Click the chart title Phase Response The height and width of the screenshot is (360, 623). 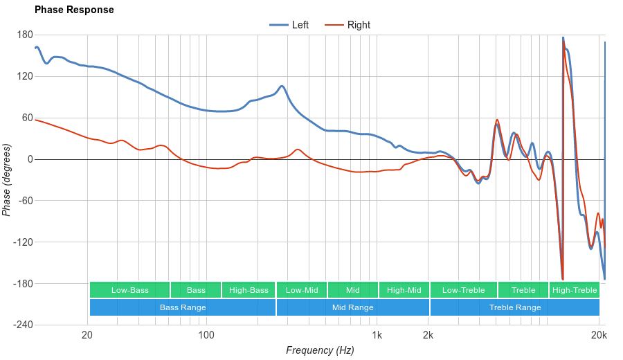tap(74, 10)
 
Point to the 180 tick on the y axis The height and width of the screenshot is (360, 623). tap(25, 35)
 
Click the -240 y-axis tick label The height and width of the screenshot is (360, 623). tap(22, 325)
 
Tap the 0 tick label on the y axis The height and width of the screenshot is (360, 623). tap(30, 159)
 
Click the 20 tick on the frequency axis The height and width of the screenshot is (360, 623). tap(87, 336)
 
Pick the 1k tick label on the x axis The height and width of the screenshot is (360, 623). tap(377, 336)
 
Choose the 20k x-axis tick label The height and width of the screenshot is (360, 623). tap(599, 336)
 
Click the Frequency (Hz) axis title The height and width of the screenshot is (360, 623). tap(320, 350)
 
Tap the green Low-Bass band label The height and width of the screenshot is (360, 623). tap(129, 290)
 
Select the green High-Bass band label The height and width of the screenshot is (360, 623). tap(249, 290)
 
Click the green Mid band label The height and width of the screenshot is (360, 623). tap(353, 290)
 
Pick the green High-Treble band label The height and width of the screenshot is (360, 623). tap(575, 290)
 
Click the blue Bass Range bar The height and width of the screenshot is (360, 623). tap(183, 307)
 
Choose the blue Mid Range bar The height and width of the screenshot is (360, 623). tap(353, 307)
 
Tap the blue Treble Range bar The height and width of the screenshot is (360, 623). tap(515, 307)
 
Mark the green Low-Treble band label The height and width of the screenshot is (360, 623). tap(463, 290)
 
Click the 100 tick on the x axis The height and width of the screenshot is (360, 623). tap(206, 336)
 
